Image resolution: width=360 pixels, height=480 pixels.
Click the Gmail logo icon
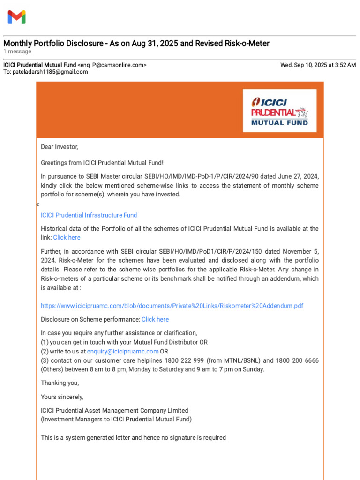point(16,17)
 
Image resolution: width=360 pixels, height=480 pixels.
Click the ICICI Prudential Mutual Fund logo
point(279,111)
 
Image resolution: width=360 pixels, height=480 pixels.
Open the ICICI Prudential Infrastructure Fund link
point(89,215)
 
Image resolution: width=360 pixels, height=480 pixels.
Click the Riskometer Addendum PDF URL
point(172,306)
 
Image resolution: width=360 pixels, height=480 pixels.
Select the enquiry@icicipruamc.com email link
point(123,351)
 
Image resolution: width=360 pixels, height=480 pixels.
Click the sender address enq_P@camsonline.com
point(112,65)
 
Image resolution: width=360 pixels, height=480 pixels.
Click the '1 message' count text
point(17,52)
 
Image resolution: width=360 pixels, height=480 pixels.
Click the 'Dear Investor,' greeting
point(60,147)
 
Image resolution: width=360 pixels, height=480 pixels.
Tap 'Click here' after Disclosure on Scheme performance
point(155,319)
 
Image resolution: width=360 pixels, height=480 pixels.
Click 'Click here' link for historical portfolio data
point(67,238)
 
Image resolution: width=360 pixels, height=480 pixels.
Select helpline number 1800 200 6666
point(297,360)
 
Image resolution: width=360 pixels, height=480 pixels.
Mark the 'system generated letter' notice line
point(134,438)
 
